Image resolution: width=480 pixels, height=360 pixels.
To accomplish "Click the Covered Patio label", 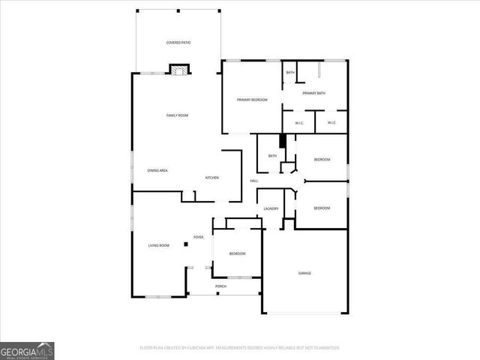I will pos(178,43).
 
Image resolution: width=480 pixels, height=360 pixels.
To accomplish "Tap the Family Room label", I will pos(177,115).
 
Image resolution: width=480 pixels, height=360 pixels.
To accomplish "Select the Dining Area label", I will pos(157,171).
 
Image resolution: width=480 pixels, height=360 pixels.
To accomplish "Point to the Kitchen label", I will pos(212,177).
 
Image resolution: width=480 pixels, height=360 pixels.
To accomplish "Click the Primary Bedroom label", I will pos(252,100).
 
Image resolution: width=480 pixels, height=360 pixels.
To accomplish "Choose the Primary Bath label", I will pos(313,93).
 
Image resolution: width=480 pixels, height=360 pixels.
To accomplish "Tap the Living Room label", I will pos(158,245).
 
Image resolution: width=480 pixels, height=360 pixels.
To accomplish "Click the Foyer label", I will pos(199,237).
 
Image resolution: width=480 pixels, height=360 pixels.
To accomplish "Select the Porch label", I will pos(221,286).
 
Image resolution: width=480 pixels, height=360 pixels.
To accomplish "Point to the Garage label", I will pos(304,273).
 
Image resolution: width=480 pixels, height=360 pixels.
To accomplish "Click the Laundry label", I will pos(271,208).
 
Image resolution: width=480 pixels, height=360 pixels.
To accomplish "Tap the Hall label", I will pos(254,181).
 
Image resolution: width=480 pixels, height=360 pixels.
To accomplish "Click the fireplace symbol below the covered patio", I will pos(179,70).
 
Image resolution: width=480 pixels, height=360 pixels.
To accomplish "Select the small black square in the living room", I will pos(185,244).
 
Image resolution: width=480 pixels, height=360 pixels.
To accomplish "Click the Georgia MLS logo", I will pos(27,350).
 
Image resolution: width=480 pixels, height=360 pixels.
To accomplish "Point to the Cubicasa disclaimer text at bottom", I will pos(240,348).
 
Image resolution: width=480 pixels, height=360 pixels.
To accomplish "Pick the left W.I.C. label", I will pos(298,123).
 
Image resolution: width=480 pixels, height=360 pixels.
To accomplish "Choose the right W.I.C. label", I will pos(331,123).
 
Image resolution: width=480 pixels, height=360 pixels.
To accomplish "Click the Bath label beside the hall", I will pos(272,155).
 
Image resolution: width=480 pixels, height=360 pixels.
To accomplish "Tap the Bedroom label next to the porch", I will pos(237,253).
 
